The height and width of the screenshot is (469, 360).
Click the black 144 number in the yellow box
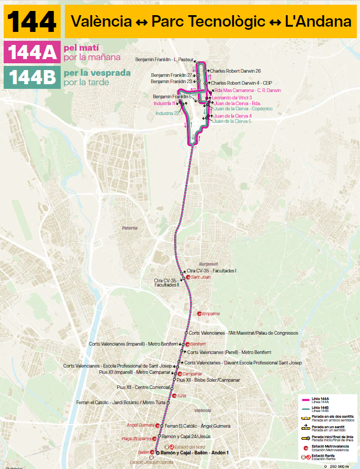click(x=31, y=21)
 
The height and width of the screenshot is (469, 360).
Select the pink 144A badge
click(x=31, y=52)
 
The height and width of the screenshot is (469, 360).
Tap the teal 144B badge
click(x=31, y=77)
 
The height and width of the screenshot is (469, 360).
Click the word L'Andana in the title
click(x=318, y=21)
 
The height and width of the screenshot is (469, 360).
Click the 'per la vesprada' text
click(x=97, y=73)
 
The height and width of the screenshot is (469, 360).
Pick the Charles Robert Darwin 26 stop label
click(x=235, y=71)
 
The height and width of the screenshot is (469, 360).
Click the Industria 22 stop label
click(x=167, y=113)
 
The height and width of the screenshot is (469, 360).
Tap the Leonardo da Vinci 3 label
click(x=232, y=97)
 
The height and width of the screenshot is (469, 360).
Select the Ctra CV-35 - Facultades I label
click(x=211, y=271)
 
